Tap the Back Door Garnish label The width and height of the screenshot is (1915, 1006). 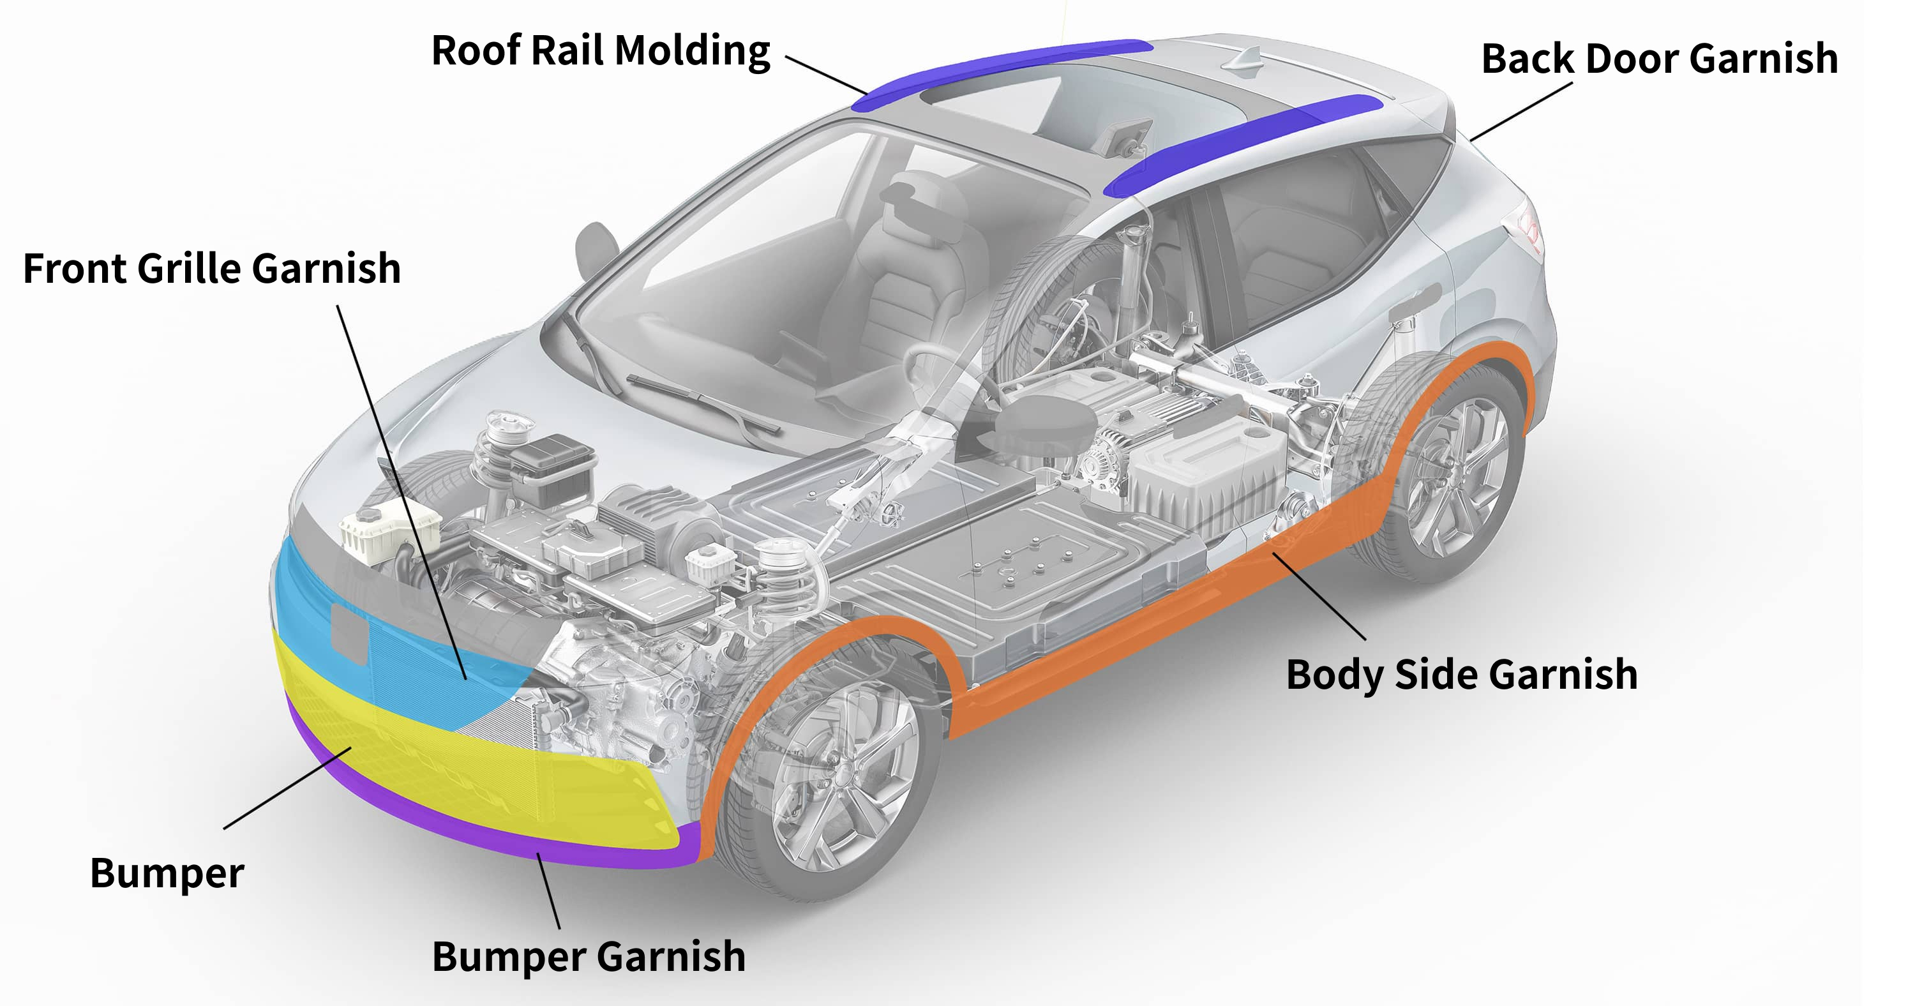click(1659, 59)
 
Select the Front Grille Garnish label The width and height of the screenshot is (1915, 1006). click(212, 269)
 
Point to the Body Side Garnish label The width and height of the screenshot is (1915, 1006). click(1462, 675)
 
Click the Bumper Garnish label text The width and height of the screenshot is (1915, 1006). click(588, 957)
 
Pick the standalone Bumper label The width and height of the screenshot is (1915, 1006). click(167, 874)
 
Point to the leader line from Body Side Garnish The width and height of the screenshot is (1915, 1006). click(1319, 596)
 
